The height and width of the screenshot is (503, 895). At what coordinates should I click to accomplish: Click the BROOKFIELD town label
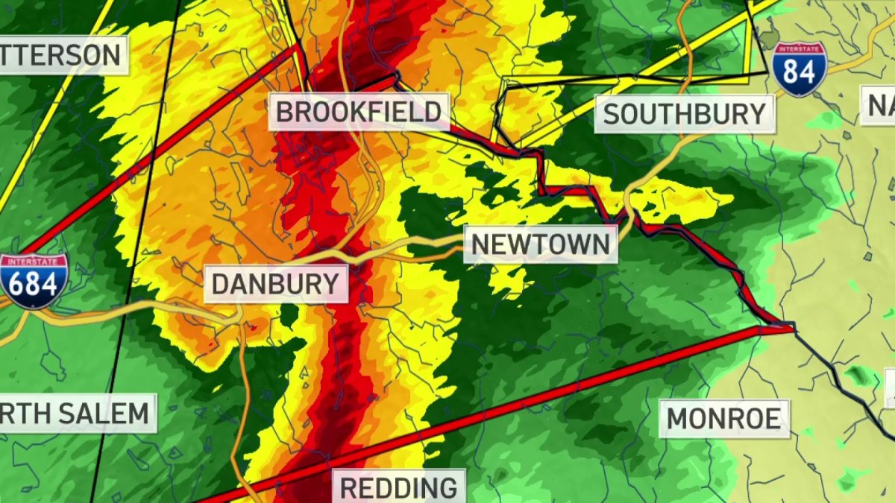click(359, 113)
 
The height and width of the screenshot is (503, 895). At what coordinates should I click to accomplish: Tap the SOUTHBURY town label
click(684, 115)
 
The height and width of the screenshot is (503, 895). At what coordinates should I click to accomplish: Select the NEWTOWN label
click(541, 244)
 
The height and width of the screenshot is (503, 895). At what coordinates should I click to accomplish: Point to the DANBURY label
click(275, 285)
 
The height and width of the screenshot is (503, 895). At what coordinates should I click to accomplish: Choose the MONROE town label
click(723, 419)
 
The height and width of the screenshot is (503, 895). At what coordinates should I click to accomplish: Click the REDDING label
click(399, 488)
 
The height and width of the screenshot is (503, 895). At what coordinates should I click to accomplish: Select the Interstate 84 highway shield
click(799, 69)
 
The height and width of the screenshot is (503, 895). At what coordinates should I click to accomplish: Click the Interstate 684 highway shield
click(34, 281)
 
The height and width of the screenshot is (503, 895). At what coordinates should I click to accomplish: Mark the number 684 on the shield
click(34, 286)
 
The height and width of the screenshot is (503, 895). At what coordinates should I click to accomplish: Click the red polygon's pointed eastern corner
click(792, 326)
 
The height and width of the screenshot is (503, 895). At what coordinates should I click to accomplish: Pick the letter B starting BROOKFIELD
click(285, 113)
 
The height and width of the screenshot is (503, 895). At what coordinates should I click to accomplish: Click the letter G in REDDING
click(449, 488)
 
